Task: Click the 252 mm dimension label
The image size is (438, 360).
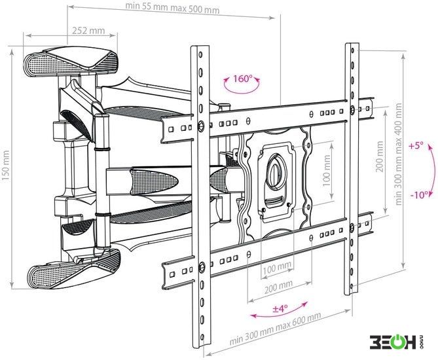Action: tap(88, 31)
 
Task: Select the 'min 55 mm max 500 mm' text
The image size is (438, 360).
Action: tap(172, 8)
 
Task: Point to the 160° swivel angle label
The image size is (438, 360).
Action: tap(243, 79)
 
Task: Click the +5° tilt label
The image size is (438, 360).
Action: tap(416, 146)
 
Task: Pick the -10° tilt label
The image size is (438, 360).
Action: tap(419, 194)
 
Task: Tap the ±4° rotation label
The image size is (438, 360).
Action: tap(280, 308)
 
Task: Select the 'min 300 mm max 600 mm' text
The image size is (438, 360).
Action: tap(275, 328)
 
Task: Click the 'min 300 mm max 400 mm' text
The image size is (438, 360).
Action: tap(399, 154)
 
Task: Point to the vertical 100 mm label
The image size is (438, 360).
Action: tap(326, 170)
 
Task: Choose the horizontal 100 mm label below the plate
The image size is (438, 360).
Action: tap(277, 267)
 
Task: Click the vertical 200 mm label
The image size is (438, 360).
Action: tap(380, 156)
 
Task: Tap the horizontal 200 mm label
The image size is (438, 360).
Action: tap(278, 286)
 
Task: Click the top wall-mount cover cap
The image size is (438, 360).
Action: tap(71, 62)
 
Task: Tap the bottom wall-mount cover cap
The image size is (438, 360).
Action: tap(74, 270)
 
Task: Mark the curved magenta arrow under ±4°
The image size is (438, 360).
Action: tap(280, 312)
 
